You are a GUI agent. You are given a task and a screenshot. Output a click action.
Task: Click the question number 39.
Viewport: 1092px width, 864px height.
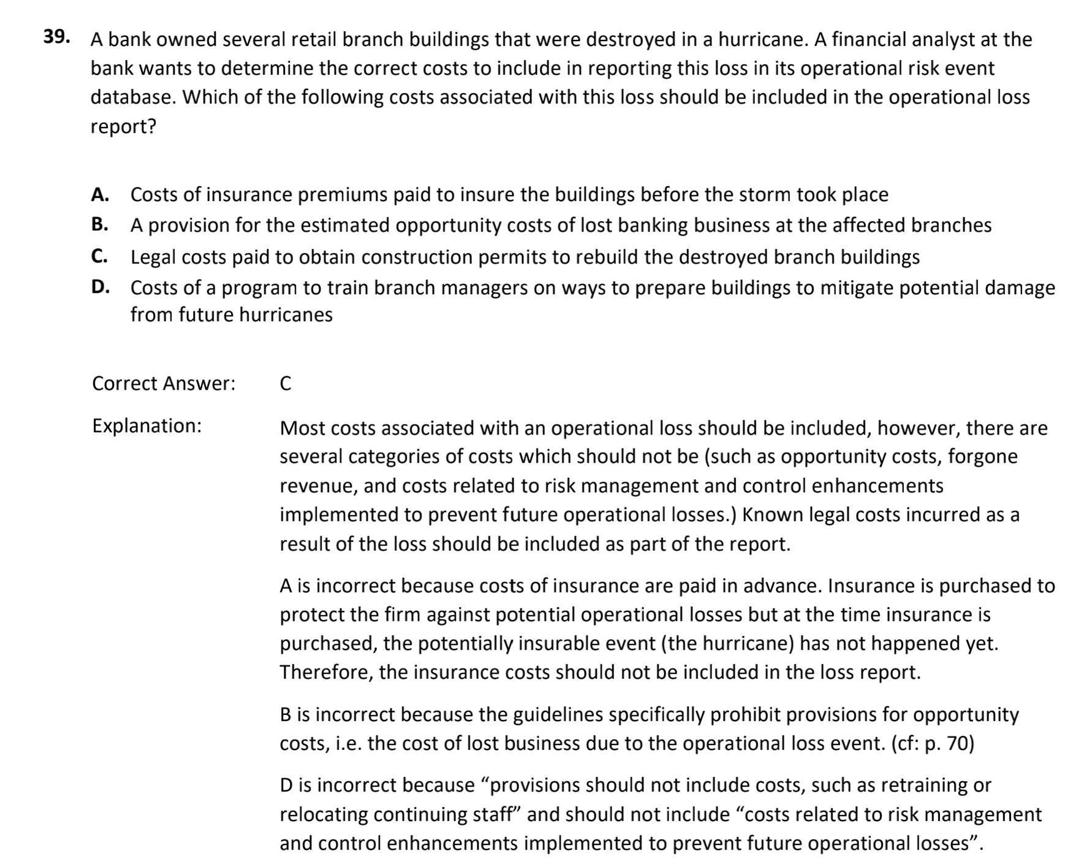click(x=56, y=37)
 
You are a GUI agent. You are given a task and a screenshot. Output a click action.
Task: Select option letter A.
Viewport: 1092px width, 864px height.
click(x=100, y=194)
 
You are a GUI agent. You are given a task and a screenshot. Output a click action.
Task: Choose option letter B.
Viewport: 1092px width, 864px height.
click(x=100, y=225)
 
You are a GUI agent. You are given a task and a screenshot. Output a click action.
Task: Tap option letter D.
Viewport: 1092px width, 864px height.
click(x=100, y=287)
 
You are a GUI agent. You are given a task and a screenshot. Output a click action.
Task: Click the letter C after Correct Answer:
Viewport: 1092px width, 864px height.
click(x=286, y=384)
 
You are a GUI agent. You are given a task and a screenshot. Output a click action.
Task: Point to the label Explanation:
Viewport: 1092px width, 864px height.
click(x=146, y=425)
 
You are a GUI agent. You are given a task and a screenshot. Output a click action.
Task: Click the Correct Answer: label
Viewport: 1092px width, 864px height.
click(x=164, y=384)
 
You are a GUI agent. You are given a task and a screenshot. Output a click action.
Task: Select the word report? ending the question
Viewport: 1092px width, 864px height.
click(x=123, y=126)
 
